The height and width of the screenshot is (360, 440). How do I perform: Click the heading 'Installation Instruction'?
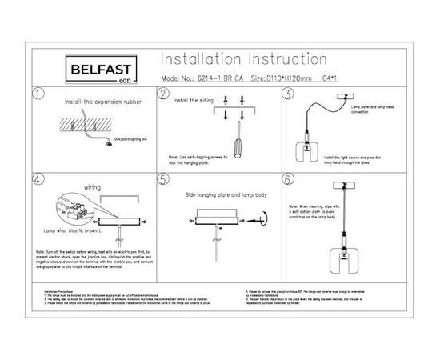click(x=243, y=61)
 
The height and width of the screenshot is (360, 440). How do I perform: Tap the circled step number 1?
click(x=37, y=94)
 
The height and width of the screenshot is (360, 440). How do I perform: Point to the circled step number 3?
click(x=289, y=94)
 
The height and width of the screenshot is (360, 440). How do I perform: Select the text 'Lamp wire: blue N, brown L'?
click(x=75, y=231)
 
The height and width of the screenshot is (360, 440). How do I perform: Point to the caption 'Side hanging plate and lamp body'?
click(x=222, y=194)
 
